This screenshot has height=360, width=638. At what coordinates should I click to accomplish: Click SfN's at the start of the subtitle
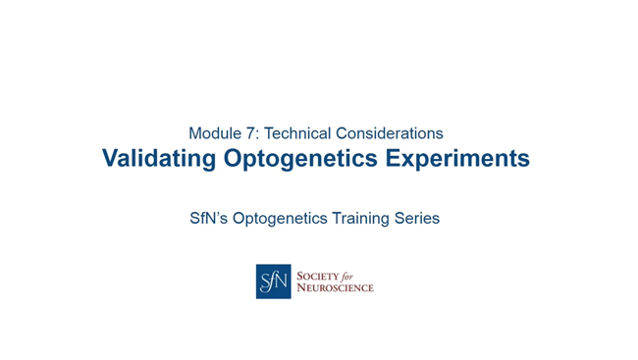point(209,219)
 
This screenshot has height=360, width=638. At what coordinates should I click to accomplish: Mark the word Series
point(419,219)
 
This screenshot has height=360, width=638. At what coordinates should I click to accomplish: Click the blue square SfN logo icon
point(273,282)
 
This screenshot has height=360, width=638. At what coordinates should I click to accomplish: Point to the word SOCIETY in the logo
point(319,276)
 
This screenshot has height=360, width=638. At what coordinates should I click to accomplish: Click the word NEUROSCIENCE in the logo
point(335,288)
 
